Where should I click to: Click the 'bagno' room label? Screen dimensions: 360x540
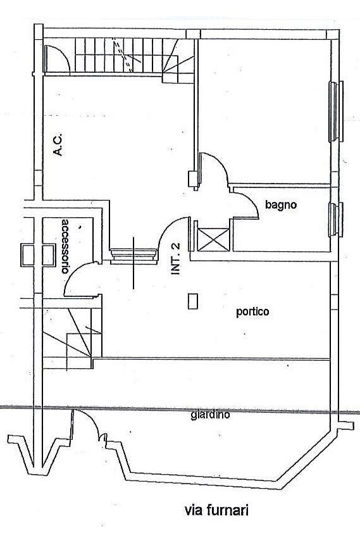point(281,204)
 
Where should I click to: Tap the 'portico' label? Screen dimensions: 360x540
point(252,311)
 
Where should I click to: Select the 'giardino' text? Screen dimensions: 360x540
point(210,415)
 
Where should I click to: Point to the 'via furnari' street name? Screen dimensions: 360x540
point(216,510)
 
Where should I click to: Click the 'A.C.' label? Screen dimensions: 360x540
point(58,144)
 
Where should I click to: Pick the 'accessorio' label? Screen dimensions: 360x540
point(65,246)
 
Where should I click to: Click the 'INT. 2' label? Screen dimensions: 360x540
point(175,259)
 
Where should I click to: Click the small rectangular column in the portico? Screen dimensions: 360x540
point(193,301)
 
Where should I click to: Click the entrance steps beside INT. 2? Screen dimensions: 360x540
point(133,256)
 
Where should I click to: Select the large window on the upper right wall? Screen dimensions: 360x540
point(336,111)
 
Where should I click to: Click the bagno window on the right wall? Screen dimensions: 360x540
point(335,220)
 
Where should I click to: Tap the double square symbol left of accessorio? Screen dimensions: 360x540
point(38,255)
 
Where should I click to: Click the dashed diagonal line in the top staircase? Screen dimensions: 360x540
point(123,55)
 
